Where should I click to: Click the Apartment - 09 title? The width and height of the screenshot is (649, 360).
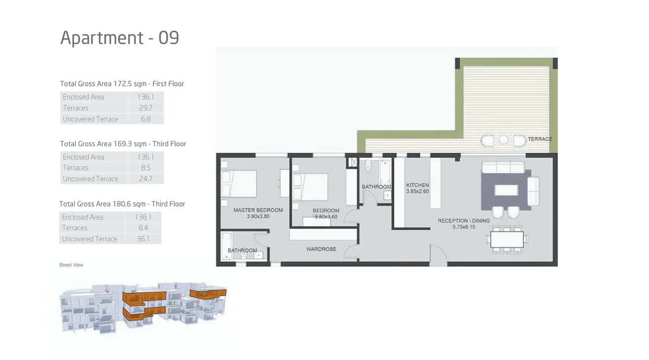pyautogui.click(x=119, y=38)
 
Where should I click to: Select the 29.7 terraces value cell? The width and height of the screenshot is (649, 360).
pyautogui.click(x=145, y=108)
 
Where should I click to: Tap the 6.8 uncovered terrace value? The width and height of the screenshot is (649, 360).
pyautogui.click(x=145, y=119)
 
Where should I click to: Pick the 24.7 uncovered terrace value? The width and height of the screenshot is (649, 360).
pyautogui.click(x=145, y=179)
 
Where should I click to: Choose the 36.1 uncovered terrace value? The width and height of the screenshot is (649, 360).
pyautogui.click(x=143, y=239)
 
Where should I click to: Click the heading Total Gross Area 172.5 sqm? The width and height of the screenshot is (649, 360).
pyautogui.click(x=122, y=84)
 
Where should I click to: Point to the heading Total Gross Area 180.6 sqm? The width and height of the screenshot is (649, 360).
pyautogui.click(x=122, y=204)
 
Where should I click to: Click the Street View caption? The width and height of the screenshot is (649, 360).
pyautogui.click(x=71, y=265)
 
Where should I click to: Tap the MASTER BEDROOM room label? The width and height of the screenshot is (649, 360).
pyautogui.click(x=258, y=210)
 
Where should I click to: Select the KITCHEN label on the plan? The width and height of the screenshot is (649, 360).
pyautogui.click(x=417, y=185)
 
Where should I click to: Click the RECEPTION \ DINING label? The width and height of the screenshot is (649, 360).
pyautogui.click(x=464, y=221)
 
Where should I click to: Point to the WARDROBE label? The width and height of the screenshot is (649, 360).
pyautogui.click(x=321, y=249)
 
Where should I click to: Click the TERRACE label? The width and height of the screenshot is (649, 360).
pyautogui.click(x=540, y=139)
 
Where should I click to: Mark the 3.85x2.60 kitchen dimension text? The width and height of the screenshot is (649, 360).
pyautogui.click(x=417, y=191)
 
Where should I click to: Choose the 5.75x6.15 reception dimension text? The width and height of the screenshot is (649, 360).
pyautogui.click(x=464, y=227)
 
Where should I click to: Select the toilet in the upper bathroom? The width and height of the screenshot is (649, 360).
pyautogui.click(x=368, y=167)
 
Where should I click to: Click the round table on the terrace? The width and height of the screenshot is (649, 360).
pyautogui.click(x=504, y=140)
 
